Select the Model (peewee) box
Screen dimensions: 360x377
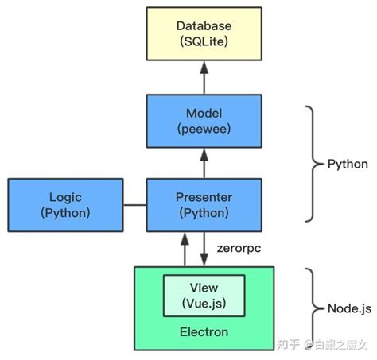(x=204, y=121)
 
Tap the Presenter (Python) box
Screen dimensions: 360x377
(x=204, y=205)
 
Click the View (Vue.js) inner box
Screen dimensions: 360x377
(x=204, y=295)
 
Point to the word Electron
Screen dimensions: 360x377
(x=204, y=331)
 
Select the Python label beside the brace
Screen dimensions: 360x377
(x=347, y=164)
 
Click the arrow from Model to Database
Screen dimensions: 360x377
(x=204, y=79)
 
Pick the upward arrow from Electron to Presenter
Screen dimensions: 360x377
(x=185, y=248)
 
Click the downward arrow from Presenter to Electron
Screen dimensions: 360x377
(x=204, y=248)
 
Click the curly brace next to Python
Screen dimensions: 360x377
(x=313, y=164)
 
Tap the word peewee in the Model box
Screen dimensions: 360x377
(x=204, y=129)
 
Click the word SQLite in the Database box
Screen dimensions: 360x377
(x=204, y=44)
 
